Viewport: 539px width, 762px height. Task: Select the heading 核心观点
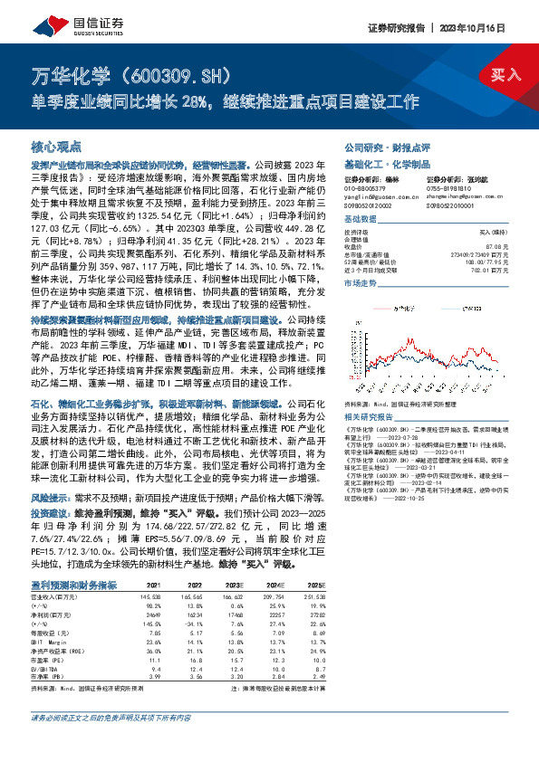point(56,145)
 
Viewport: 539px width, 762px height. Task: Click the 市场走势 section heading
point(361,283)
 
